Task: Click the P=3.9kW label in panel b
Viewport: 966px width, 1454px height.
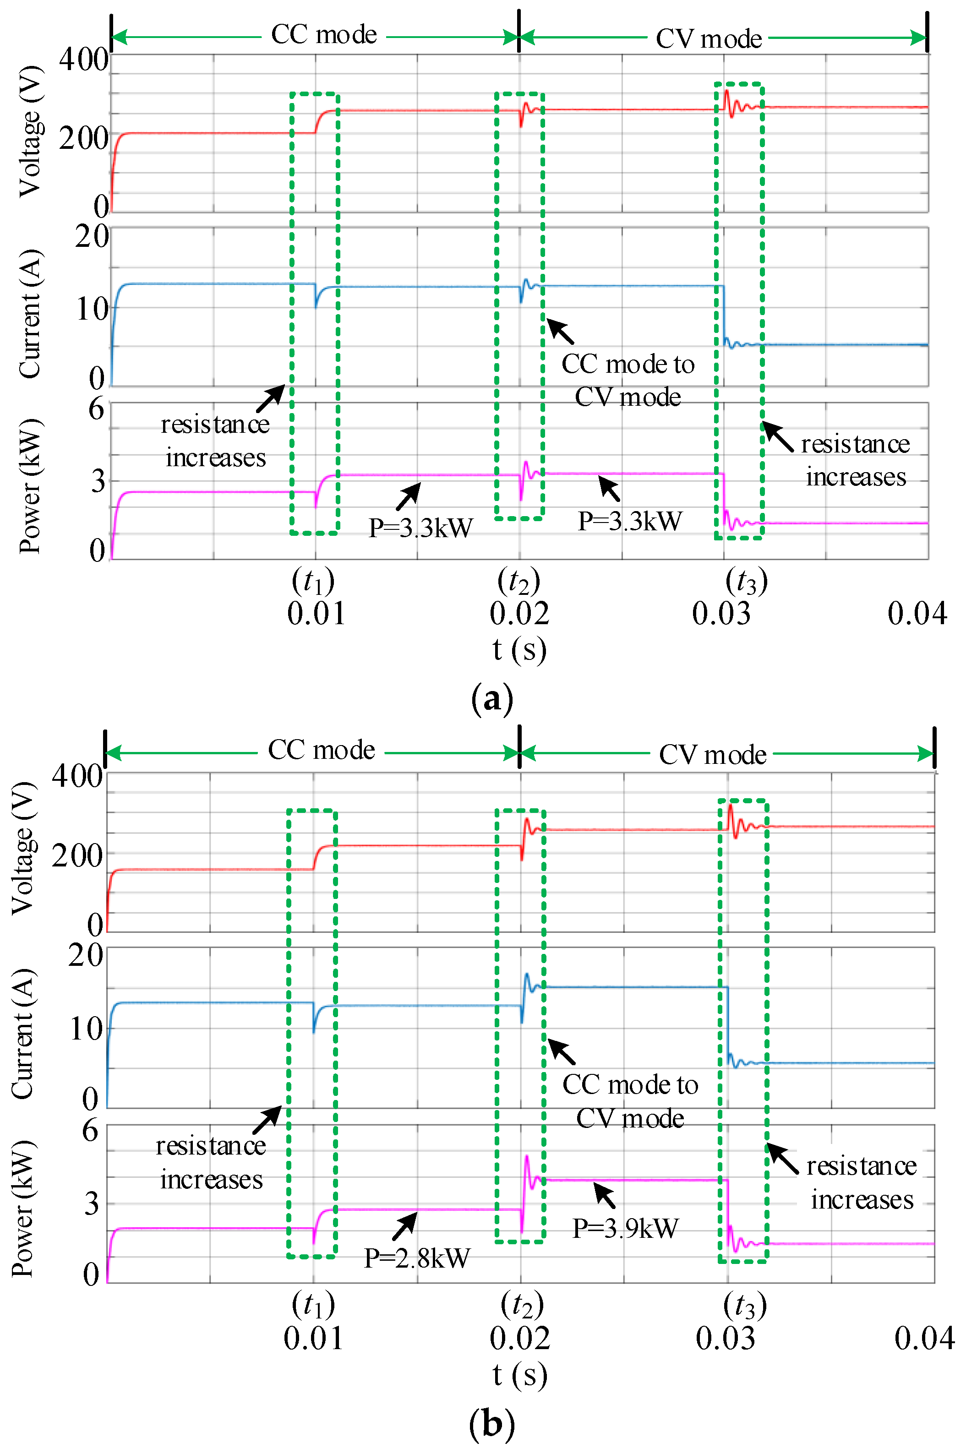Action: pyautogui.click(x=625, y=1228)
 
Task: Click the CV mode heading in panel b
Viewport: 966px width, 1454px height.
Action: pyautogui.click(x=712, y=754)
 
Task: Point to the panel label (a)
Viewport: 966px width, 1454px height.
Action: pyautogui.click(x=491, y=699)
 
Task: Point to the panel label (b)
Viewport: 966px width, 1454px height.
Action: pyautogui.click(x=491, y=1424)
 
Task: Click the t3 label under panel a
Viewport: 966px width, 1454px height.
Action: pyautogui.click(x=746, y=581)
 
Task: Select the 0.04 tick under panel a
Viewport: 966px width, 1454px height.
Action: pyautogui.click(x=917, y=614)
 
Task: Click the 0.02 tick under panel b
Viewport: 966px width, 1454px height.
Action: pyautogui.click(x=519, y=1338)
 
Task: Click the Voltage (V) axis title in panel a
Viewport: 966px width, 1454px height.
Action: pyautogui.click(x=30, y=131)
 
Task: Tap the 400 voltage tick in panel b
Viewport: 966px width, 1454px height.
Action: pyautogui.click(x=76, y=776)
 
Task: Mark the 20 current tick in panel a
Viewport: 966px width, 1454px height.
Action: pyautogui.click(x=91, y=237)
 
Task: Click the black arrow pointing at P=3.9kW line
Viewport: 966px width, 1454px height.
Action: pyautogui.click(x=605, y=1195)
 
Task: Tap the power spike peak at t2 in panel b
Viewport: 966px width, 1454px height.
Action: pyautogui.click(x=526, y=1156)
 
